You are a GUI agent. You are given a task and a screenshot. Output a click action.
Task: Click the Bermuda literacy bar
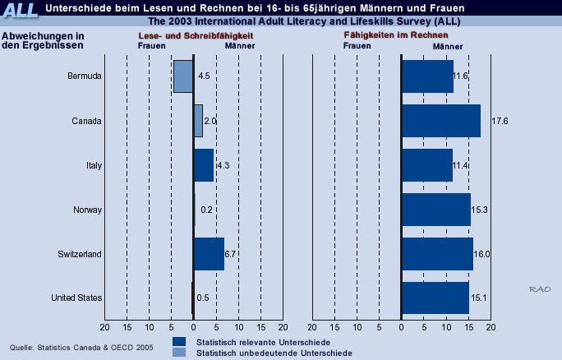(183, 76)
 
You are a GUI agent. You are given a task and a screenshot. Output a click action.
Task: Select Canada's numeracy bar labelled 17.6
(441, 121)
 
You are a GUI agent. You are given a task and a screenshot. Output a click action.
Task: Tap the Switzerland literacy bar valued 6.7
(210, 254)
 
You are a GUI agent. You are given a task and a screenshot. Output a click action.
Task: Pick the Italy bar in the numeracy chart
(427, 165)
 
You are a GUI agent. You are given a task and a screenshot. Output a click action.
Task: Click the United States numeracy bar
(435, 298)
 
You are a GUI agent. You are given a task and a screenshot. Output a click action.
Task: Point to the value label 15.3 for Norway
(479, 210)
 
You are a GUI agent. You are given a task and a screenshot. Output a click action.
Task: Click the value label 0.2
(206, 210)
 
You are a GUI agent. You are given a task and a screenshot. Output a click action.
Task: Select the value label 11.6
(460, 76)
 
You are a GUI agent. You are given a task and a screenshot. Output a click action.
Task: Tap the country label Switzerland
(80, 254)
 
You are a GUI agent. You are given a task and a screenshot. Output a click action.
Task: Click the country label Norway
(87, 210)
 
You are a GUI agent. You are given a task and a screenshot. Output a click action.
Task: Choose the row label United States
(76, 298)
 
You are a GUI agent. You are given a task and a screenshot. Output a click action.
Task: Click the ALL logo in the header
(20, 10)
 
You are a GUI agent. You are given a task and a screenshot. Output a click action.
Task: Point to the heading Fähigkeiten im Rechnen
(396, 35)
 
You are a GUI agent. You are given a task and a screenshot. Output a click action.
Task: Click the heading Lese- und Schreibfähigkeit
(196, 36)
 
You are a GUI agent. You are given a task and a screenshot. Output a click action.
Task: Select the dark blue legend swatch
(179, 341)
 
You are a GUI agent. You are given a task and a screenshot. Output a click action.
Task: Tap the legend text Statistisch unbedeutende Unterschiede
(274, 353)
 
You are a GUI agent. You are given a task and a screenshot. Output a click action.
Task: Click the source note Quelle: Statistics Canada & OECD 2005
(81, 348)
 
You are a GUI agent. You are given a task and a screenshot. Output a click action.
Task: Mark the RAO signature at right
(540, 289)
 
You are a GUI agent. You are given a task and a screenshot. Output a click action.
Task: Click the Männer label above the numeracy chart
(448, 47)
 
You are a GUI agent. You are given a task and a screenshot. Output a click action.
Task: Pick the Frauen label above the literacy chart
(152, 46)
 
